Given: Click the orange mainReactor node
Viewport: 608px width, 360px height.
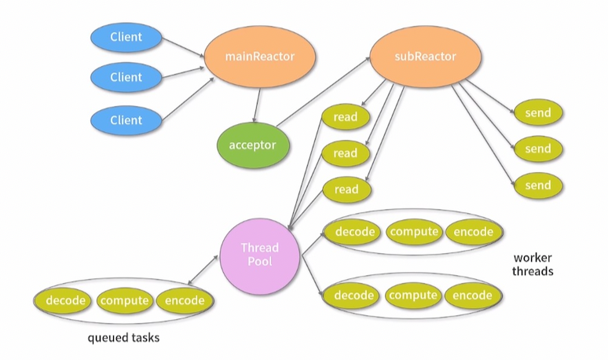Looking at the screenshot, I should [260, 57].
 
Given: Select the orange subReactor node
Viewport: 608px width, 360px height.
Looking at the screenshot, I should [424, 57].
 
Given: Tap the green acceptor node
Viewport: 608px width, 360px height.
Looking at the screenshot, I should [252, 145].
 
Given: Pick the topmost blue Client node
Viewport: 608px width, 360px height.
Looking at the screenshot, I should [126, 36].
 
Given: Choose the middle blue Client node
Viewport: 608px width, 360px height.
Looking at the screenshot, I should [126, 77].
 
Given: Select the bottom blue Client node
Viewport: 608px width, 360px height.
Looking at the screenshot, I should [126, 120].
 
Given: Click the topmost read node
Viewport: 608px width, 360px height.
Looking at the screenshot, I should [345, 117].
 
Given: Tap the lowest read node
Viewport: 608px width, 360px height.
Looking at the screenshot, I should [345, 189].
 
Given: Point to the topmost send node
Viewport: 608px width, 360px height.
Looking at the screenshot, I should [538, 112].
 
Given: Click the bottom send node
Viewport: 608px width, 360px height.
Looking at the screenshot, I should [538, 186].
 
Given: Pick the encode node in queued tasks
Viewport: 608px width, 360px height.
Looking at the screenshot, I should [185, 300].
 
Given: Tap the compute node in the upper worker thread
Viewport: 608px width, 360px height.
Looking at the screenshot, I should [413, 231].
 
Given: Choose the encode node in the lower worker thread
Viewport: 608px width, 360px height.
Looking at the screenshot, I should [473, 296].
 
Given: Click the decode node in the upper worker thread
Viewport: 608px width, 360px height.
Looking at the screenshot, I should [353, 231].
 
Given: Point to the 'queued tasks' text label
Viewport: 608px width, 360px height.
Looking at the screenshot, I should [123, 338].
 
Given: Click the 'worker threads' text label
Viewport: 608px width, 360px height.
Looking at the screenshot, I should [533, 264].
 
